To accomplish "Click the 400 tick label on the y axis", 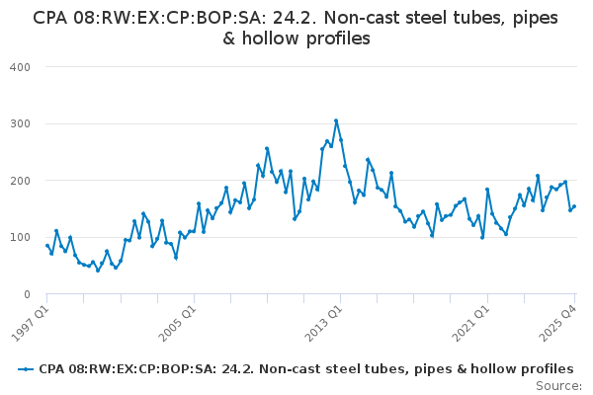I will coord(21,66).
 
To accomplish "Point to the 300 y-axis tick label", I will coord(21,123).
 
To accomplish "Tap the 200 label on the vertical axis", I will coord(21,181).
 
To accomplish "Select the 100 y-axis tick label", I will coord(21,238).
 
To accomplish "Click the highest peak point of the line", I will coord(336,120).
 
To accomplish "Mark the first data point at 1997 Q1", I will coord(46,246).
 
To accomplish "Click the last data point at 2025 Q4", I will coord(575,206).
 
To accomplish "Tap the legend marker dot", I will coord(26,369).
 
